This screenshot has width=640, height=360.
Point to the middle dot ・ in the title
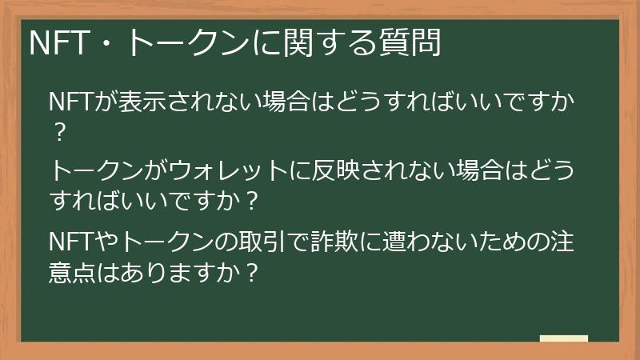pyautogui.click(x=109, y=42)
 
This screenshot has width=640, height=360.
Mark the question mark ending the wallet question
pyautogui.click(x=253, y=201)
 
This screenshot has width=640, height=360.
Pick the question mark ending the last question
pyautogui.click(x=253, y=271)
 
